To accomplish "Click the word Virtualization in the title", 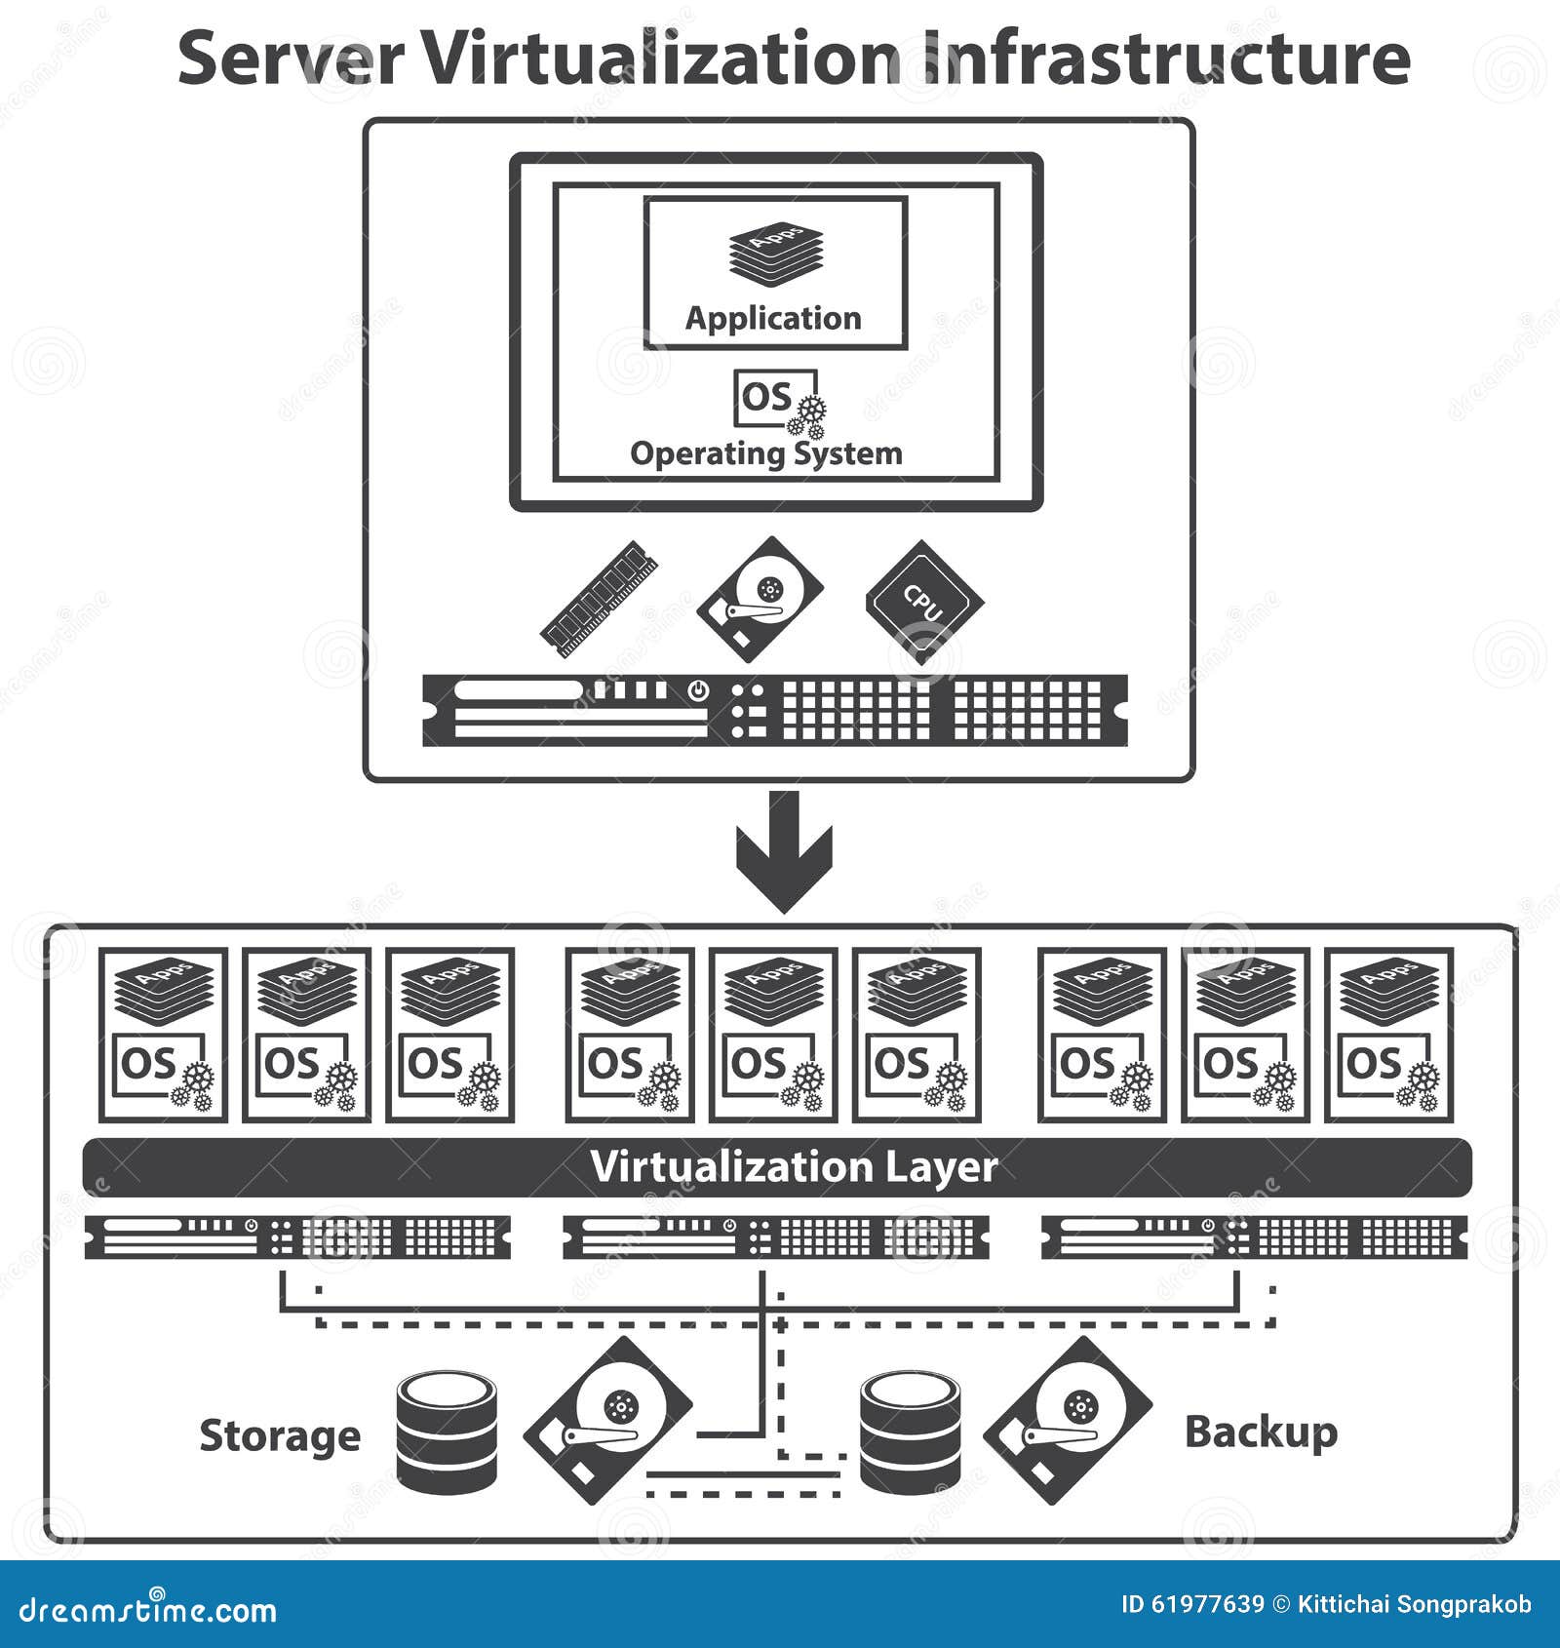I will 661,59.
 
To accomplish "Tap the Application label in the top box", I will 773,318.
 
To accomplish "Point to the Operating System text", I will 766,453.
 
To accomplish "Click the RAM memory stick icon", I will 599,598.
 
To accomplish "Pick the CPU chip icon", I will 923,600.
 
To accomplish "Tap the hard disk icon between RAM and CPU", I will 760,599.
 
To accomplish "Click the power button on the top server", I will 698,690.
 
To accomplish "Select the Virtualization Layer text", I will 794,1166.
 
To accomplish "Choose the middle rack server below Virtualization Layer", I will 776,1237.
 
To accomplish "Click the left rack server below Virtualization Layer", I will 297,1237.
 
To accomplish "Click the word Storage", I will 280,1435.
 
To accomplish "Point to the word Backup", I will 1261,1432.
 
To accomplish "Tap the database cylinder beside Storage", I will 448,1432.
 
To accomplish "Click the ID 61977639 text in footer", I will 1191,1604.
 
